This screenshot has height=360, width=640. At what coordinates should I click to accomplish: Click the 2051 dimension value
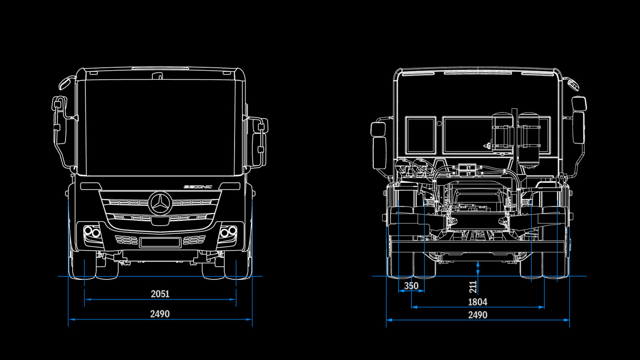click(x=160, y=294)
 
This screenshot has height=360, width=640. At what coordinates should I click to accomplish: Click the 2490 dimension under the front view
click(x=160, y=314)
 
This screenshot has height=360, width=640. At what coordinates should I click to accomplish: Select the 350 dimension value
click(x=411, y=286)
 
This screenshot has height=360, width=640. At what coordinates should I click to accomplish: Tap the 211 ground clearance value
click(x=473, y=286)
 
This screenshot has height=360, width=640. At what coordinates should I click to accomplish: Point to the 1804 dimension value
click(x=477, y=302)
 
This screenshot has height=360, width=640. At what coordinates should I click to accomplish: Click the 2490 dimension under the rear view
click(x=477, y=315)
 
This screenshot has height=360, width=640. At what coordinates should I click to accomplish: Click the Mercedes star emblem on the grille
click(x=160, y=203)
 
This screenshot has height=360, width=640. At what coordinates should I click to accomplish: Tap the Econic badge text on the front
click(x=198, y=187)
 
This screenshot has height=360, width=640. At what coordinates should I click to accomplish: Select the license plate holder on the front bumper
click(x=160, y=242)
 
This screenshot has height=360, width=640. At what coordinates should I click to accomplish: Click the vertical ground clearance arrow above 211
click(x=478, y=268)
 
